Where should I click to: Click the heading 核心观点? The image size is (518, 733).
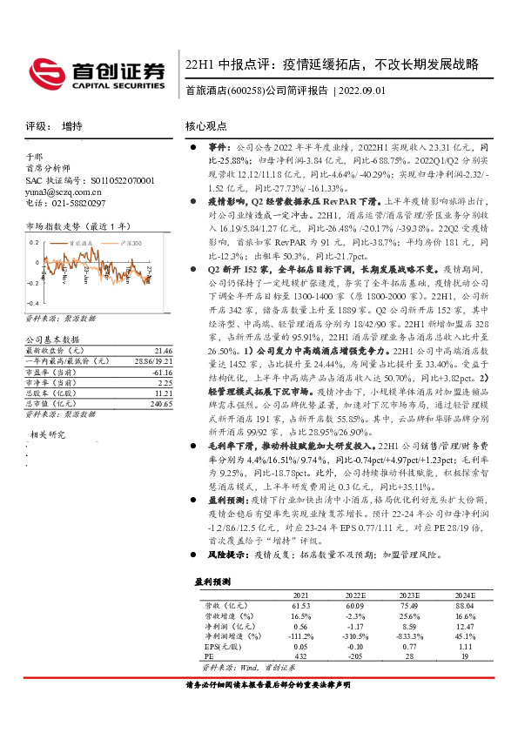208,126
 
